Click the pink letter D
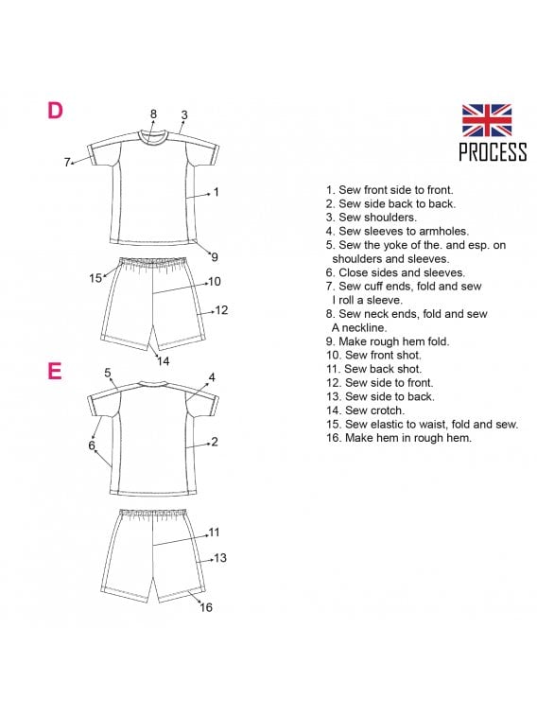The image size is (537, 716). [x=55, y=111]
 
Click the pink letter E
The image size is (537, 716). [x=54, y=372]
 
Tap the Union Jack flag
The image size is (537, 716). [x=486, y=120]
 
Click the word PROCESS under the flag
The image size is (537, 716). [x=493, y=152]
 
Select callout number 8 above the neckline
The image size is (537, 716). [x=153, y=114]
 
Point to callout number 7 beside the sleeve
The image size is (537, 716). [x=67, y=162]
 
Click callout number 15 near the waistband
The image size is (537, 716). [x=95, y=278]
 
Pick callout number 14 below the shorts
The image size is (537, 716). [x=163, y=361]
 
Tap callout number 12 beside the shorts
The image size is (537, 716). [x=221, y=310]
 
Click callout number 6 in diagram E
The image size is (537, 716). [x=92, y=445]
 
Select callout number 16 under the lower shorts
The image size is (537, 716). [x=206, y=607]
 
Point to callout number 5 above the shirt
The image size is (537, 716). [x=108, y=373]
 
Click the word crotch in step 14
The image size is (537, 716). [x=389, y=410]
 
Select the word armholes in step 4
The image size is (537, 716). [x=443, y=231]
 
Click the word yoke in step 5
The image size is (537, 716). [x=393, y=245]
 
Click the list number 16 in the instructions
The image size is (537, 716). [x=334, y=438]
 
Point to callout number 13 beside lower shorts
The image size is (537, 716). [x=220, y=557]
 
